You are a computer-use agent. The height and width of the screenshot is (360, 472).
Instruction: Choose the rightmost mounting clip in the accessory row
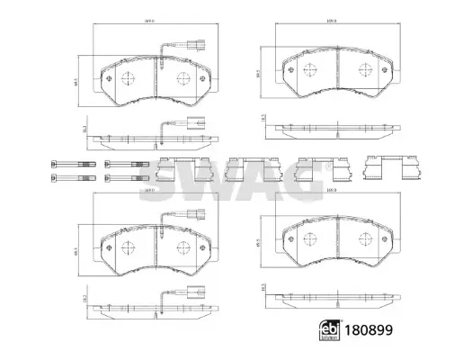click(384, 168)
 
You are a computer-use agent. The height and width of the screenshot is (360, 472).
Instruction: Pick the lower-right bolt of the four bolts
click(124, 177)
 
